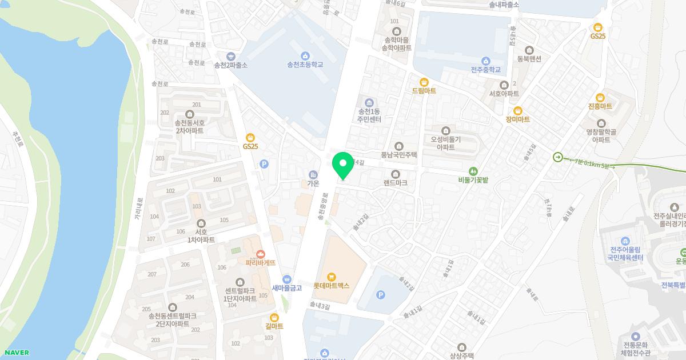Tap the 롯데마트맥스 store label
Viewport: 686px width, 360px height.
331,285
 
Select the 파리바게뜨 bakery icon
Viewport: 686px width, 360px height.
261,253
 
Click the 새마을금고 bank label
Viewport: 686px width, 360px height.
286,288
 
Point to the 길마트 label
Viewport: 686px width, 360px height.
274,326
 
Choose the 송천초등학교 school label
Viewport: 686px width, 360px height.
305,65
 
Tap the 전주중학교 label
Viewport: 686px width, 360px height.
485,70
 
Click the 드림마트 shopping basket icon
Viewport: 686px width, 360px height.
424,81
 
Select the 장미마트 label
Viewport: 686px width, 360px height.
517,119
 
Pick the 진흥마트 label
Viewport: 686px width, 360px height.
600,107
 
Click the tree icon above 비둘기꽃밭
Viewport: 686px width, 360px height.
473,170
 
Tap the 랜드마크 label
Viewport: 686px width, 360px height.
395,183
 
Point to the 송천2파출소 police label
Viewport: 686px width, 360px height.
231,65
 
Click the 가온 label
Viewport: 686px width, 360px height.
313,183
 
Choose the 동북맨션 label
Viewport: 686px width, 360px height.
529,58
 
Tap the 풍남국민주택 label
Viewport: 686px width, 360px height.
399,154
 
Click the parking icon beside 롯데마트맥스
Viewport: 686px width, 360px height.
381,295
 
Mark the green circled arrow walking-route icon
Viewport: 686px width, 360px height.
557,157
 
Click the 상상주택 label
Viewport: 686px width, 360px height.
462,355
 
